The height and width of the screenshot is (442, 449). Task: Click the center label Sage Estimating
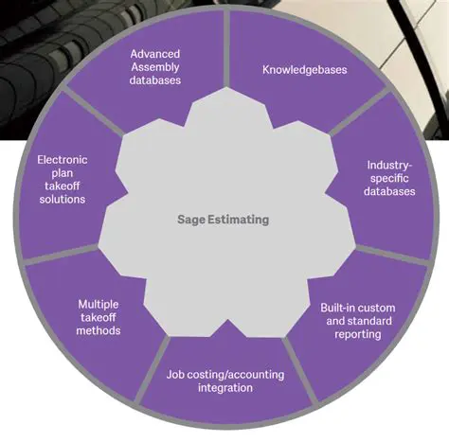pyautogui.click(x=223, y=220)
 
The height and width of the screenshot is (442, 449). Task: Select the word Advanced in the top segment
pyautogui.click(x=156, y=53)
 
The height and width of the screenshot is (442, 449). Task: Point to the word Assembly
pyautogui.click(x=156, y=66)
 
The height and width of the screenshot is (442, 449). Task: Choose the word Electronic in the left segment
pyautogui.click(x=63, y=159)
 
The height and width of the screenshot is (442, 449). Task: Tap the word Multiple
pyautogui.click(x=99, y=304)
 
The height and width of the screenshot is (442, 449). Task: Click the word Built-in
pyautogui.click(x=332, y=308)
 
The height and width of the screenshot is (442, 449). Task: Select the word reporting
pyautogui.click(x=357, y=334)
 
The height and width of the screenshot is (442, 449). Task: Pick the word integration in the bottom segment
pyautogui.click(x=224, y=388)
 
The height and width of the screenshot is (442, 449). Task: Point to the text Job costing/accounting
pyautogui.click(x=224, y=374)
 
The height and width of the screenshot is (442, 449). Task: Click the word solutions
pyautogui.click(x=63, y=200)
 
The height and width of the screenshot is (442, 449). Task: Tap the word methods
pyautogui.click(x=99, y=330)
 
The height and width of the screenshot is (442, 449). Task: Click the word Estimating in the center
pyautogui.click(x=238, y=220)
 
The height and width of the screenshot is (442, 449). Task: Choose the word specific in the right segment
pyautogui.click(x=390, y=178)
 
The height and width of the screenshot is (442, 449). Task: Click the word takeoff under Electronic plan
pyautogui.click(x=63, y=186)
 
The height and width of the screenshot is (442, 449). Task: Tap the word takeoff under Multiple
pyautogui.click(x=99, y=317)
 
